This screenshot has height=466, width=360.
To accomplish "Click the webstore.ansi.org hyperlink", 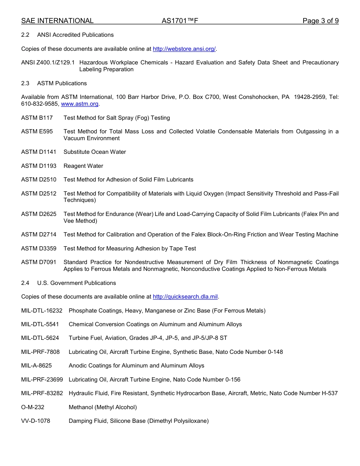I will coord(184,49).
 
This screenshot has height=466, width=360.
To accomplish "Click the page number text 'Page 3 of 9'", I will coord(320,21).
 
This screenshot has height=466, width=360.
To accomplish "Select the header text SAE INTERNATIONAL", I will coord(57,21).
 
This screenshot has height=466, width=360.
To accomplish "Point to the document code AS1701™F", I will coord(180,21).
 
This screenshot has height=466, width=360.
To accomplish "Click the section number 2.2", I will coord(25,35).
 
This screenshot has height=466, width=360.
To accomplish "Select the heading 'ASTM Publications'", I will coord(62,83).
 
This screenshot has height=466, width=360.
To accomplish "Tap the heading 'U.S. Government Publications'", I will coord(77,283).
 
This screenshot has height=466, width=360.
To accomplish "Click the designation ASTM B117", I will coord(37,118).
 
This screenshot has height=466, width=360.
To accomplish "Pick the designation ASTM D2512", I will coord(39,194).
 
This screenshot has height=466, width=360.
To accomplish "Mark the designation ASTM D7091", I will coord(39,262).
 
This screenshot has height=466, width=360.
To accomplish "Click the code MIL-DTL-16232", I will coord(42,311).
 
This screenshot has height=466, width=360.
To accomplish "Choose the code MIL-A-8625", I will coord(36,366).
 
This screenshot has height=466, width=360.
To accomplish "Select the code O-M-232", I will coord(33,407).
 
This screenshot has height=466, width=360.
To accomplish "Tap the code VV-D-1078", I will coord(36,421).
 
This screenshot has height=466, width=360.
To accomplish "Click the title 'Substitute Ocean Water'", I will coord(95,152).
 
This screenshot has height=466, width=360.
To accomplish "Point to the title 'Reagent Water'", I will coord(83,166).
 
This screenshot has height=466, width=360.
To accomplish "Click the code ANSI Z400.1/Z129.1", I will coord(48,63).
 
